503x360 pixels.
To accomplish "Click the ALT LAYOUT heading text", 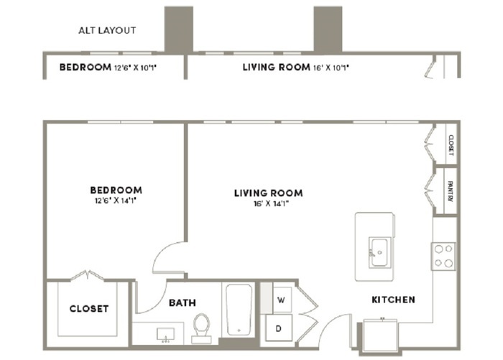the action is [107, 30].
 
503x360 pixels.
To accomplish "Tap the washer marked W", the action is [282, 300].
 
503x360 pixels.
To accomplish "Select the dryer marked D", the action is [279, 328].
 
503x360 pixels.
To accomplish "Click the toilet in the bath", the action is [201, 328].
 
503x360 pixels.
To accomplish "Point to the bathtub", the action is [239, 310].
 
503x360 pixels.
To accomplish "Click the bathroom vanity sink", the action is [165, 334].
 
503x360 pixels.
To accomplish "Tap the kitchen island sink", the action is [379, 252].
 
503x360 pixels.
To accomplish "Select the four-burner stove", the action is [443, 256].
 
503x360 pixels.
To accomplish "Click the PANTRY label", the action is [451, 191].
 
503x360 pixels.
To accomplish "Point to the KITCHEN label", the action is [393, 300].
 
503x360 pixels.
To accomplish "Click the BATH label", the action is [183, 303].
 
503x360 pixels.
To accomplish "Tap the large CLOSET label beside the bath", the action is [89, 309].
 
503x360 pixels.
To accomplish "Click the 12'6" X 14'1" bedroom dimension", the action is [116, 201].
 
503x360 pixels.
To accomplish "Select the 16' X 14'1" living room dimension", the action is [271, 204].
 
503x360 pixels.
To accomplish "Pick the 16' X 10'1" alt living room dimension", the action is [331, 68].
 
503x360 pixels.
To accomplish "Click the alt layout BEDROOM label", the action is [86, 67].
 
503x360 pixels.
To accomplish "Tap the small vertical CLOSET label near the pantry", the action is [451, 145].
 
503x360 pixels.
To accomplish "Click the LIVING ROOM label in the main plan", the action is [268, 193].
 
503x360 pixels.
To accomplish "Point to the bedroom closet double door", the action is [87, 276].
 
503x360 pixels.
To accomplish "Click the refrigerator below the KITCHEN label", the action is [380, 336].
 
